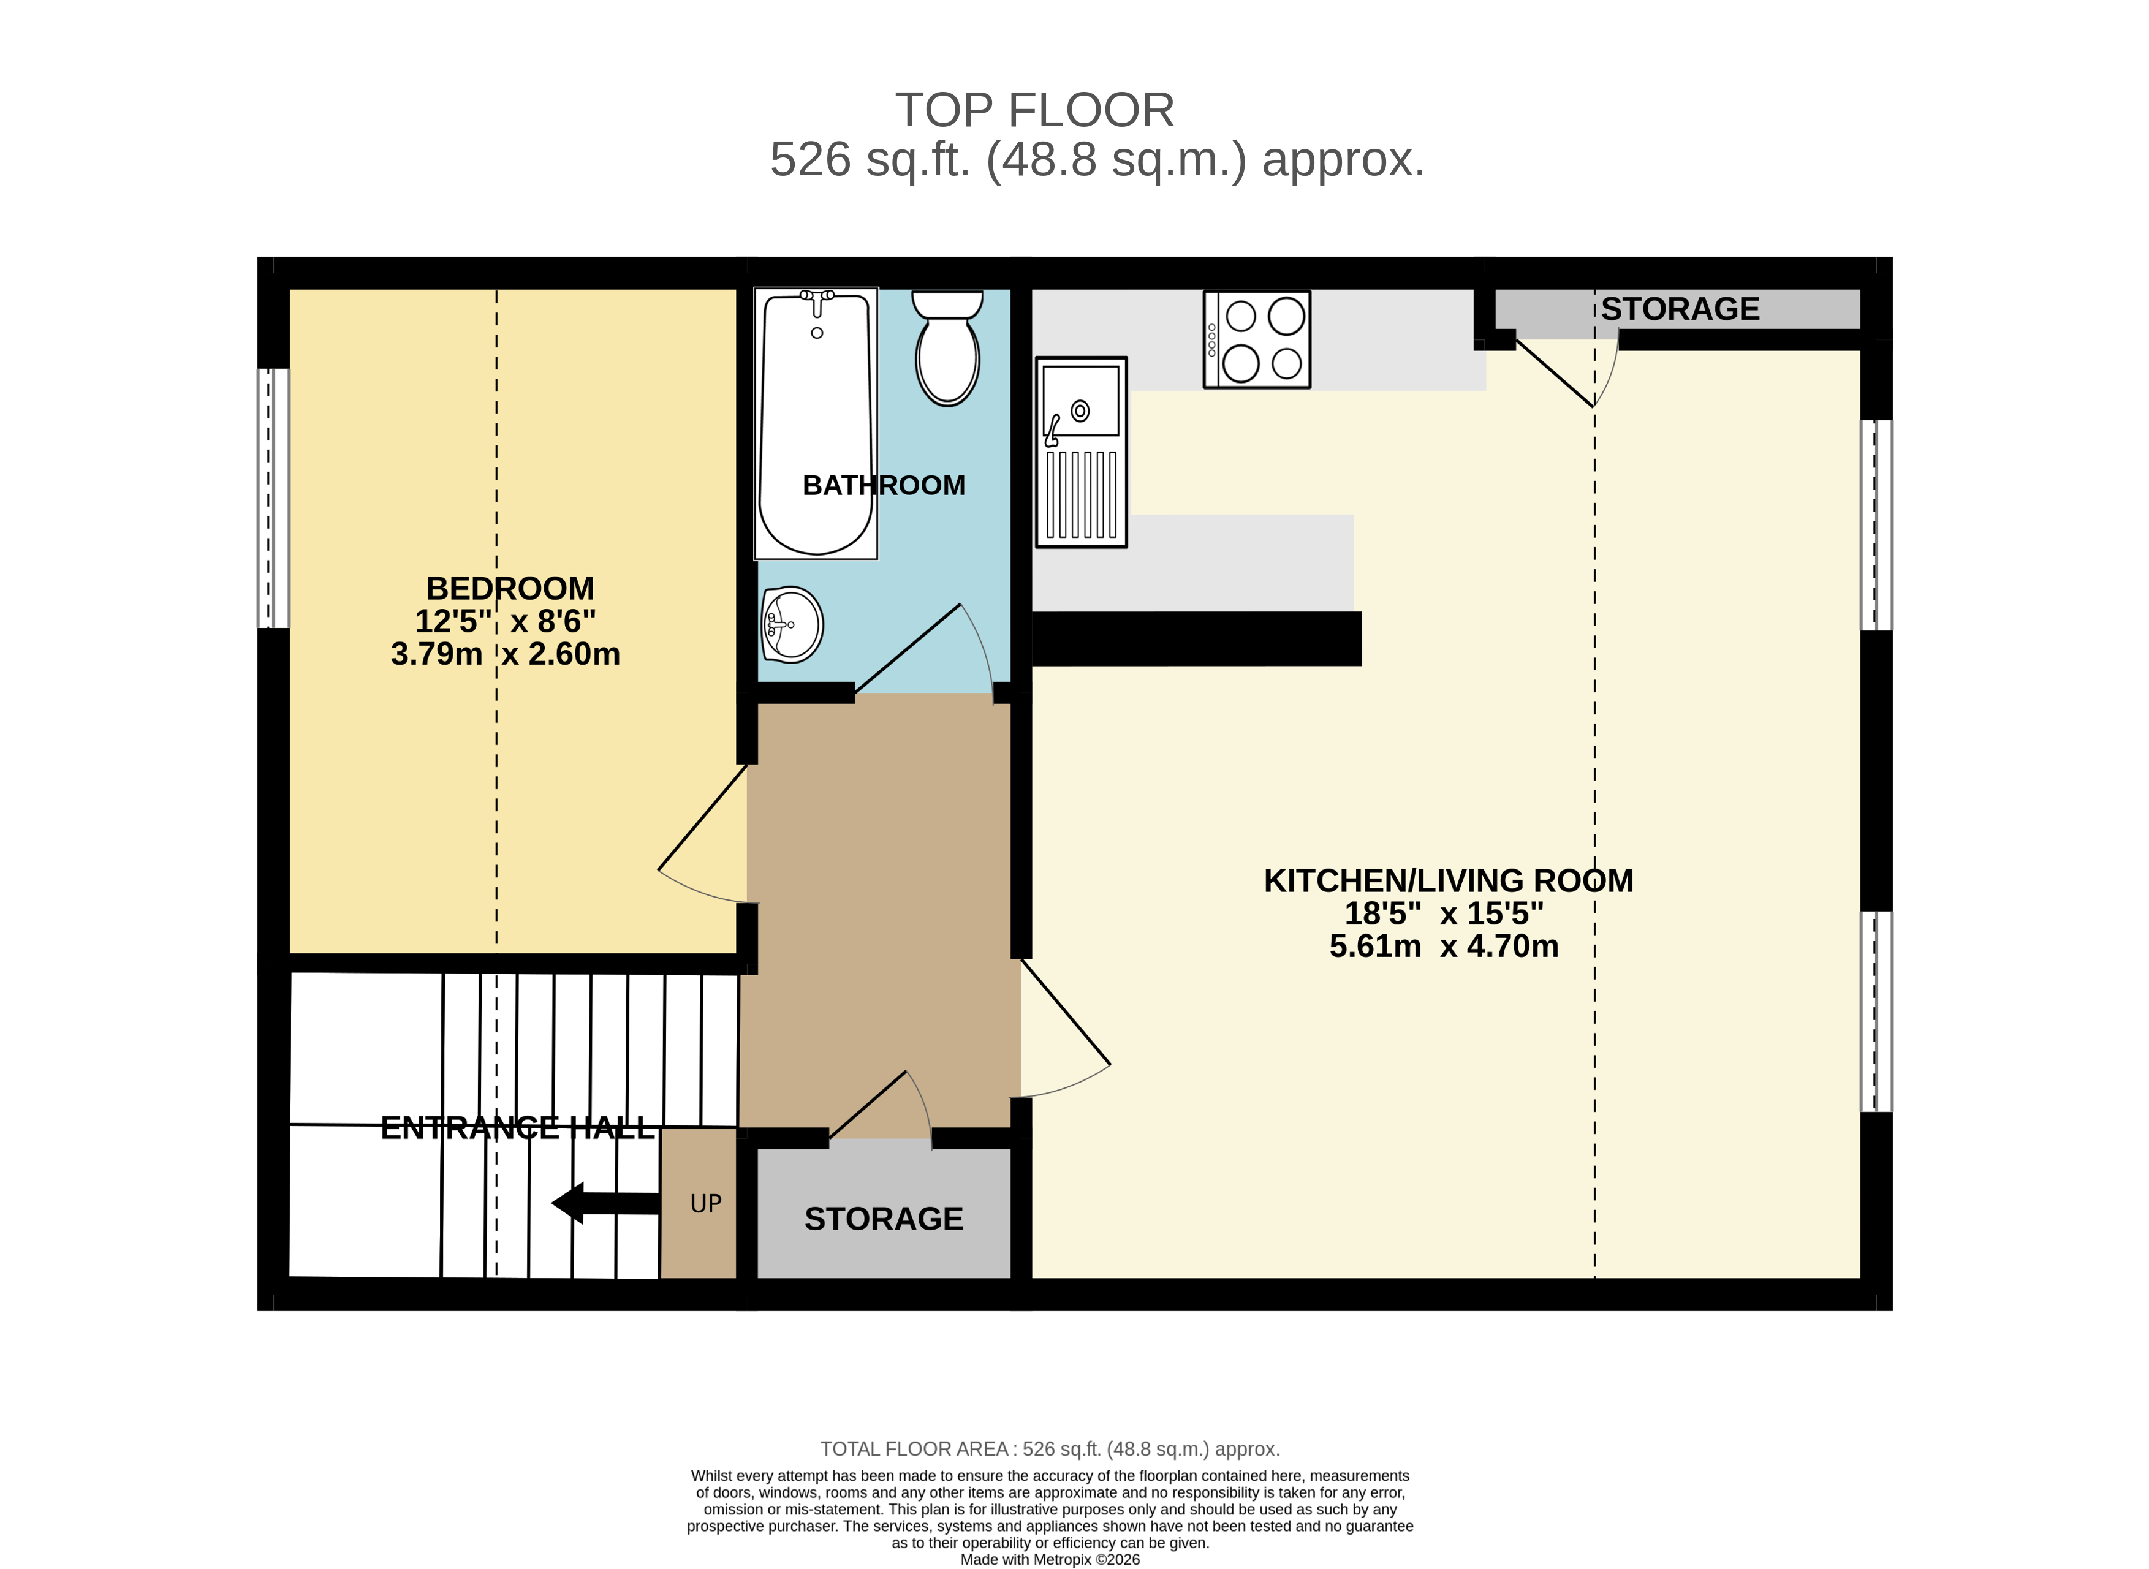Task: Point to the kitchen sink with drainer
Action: coord(1081,452)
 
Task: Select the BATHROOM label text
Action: coord(884,485)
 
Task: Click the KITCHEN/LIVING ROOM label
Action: coord(1448,880)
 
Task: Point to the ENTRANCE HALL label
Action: coord(518,1127)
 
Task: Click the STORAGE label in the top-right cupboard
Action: coord(1680,309)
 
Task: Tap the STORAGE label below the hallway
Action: coord(884,1219)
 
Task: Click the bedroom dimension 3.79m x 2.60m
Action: coord(506,654)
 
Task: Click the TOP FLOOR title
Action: coord(1034,110)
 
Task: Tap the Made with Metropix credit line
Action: coord(1050,1559)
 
